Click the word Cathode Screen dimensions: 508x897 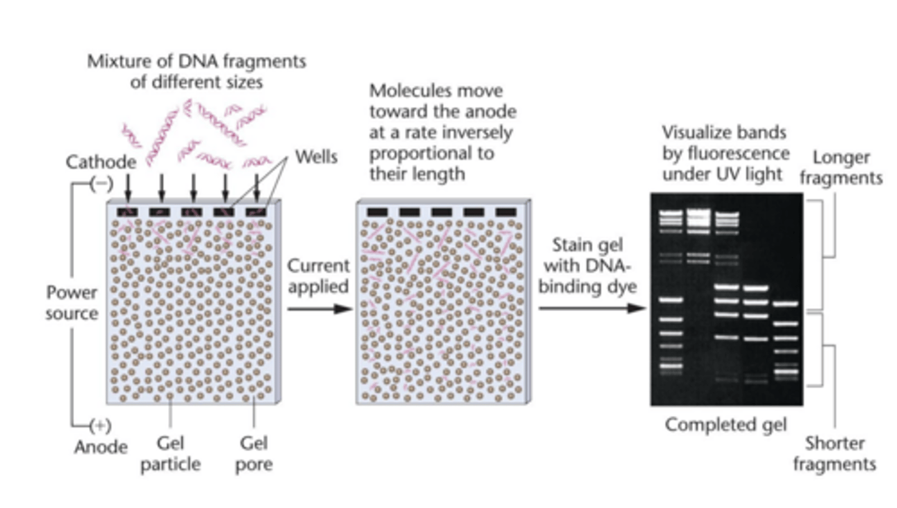pyautogui.click(x=100, y=163)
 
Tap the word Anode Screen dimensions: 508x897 pyautogui.click(x=100, y=447)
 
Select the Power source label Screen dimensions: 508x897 pyautogui.click(x=72, y=302)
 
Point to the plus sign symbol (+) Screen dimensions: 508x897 pyautogui.click(x=100, y=426)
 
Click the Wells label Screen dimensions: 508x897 pyautogui.click(x=316, y=156)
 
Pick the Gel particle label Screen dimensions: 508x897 pyautogui.click(x=170, y=454)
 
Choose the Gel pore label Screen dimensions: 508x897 pyautogui.click(x=254, y=454)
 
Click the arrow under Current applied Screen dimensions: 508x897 pyautogui.click(x=318, y=309)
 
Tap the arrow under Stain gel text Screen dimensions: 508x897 pyautogui.click(x=591, y=308)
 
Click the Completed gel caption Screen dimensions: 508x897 pyautogui.click(x=726, y=425)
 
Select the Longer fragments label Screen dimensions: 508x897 pyautogui.click(x=841, y=168)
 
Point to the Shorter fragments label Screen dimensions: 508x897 pyautogui.click(x=840, y=454)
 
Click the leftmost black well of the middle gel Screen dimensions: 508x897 pyautogui.click(x=377, y=212)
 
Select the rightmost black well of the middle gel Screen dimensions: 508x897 pyautogui.click(x=505, y=212)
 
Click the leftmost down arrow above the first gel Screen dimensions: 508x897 pyautogui.click(x=128, y=185)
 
